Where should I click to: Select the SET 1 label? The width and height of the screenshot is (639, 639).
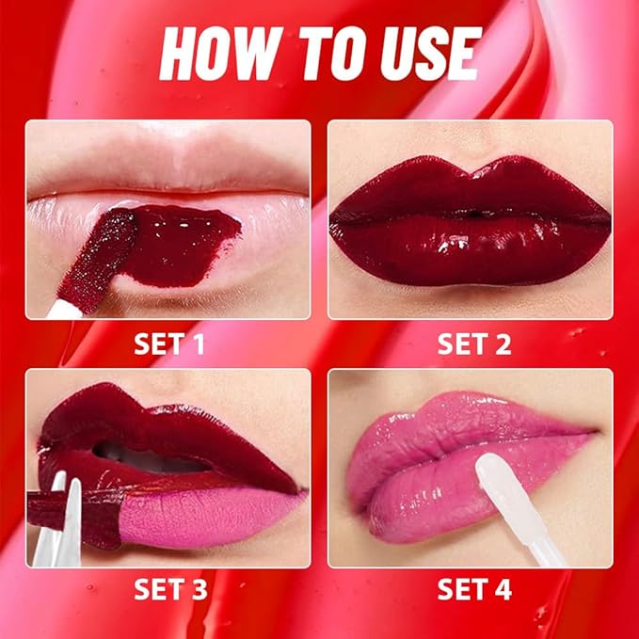pyautogui.click(x=169, y=343)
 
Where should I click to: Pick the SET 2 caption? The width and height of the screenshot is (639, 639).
pyautogui.click(x=474, y=343)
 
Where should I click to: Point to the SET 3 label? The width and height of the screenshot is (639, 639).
pyautogui.click(x=169, y=590)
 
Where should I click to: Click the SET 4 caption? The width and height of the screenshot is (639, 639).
pyautogui.click(x=474, y=590)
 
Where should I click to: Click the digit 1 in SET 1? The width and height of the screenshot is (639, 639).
pyautogui.click(x=198, y=343)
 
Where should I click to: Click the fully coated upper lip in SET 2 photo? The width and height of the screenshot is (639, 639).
pyautogui.click(x=471, y=188)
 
